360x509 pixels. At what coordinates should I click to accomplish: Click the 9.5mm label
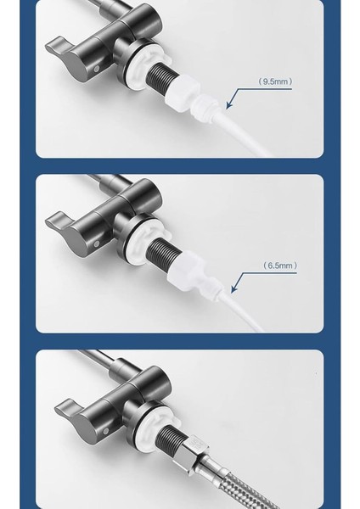pos(275,81)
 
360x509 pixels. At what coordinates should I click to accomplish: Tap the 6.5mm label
pos(280,266)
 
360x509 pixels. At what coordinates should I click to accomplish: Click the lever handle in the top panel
pos(71,60)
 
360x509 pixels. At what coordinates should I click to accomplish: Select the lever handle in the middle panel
pos(71,234)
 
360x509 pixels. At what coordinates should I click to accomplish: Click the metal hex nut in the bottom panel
pos(191,450)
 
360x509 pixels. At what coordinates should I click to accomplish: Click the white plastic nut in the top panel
pos(183,93)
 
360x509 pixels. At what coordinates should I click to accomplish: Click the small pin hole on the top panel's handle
pos(96,69)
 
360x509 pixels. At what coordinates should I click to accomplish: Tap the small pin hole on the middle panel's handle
pos(96,243)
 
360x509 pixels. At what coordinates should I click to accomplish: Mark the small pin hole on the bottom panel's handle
pos(106,431)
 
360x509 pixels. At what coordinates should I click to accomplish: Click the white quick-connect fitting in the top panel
pos(205,107)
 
